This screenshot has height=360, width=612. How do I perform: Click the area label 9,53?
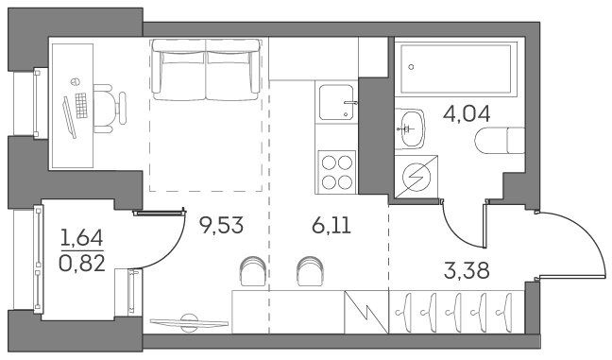(x=221, y=225)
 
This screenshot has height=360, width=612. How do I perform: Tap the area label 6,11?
(x=331, y=225)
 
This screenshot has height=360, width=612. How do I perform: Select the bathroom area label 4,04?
(x=467, y=114)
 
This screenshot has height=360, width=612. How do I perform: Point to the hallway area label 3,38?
(x=467, y=270)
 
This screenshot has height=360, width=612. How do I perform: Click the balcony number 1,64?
(x=82, y=238)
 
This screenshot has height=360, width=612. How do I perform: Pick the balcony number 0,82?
(x=82, y=264)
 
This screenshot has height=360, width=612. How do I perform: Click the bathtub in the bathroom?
(x=455, y=69)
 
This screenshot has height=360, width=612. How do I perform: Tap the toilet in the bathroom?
(x=500, y=141)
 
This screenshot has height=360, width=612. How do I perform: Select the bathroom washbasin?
(x=409, y=129)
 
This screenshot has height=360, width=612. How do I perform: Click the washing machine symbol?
(x=416, y=177)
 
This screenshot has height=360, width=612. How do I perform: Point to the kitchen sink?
(x=336, y=102)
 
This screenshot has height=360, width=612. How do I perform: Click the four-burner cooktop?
(x=337, y=172)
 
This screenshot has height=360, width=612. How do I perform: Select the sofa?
(x=206, y=70)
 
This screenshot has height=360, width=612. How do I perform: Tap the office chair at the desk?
(x=110, y=109)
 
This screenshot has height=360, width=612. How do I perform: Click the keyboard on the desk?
(x=81, y=106)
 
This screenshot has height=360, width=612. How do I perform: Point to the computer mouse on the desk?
(x=76, y=81)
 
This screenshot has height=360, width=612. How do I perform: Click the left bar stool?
(x=253, y=270)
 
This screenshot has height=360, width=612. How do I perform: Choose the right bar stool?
(x=310, y=270)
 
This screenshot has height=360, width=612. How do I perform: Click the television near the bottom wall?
(x=189, y=322)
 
